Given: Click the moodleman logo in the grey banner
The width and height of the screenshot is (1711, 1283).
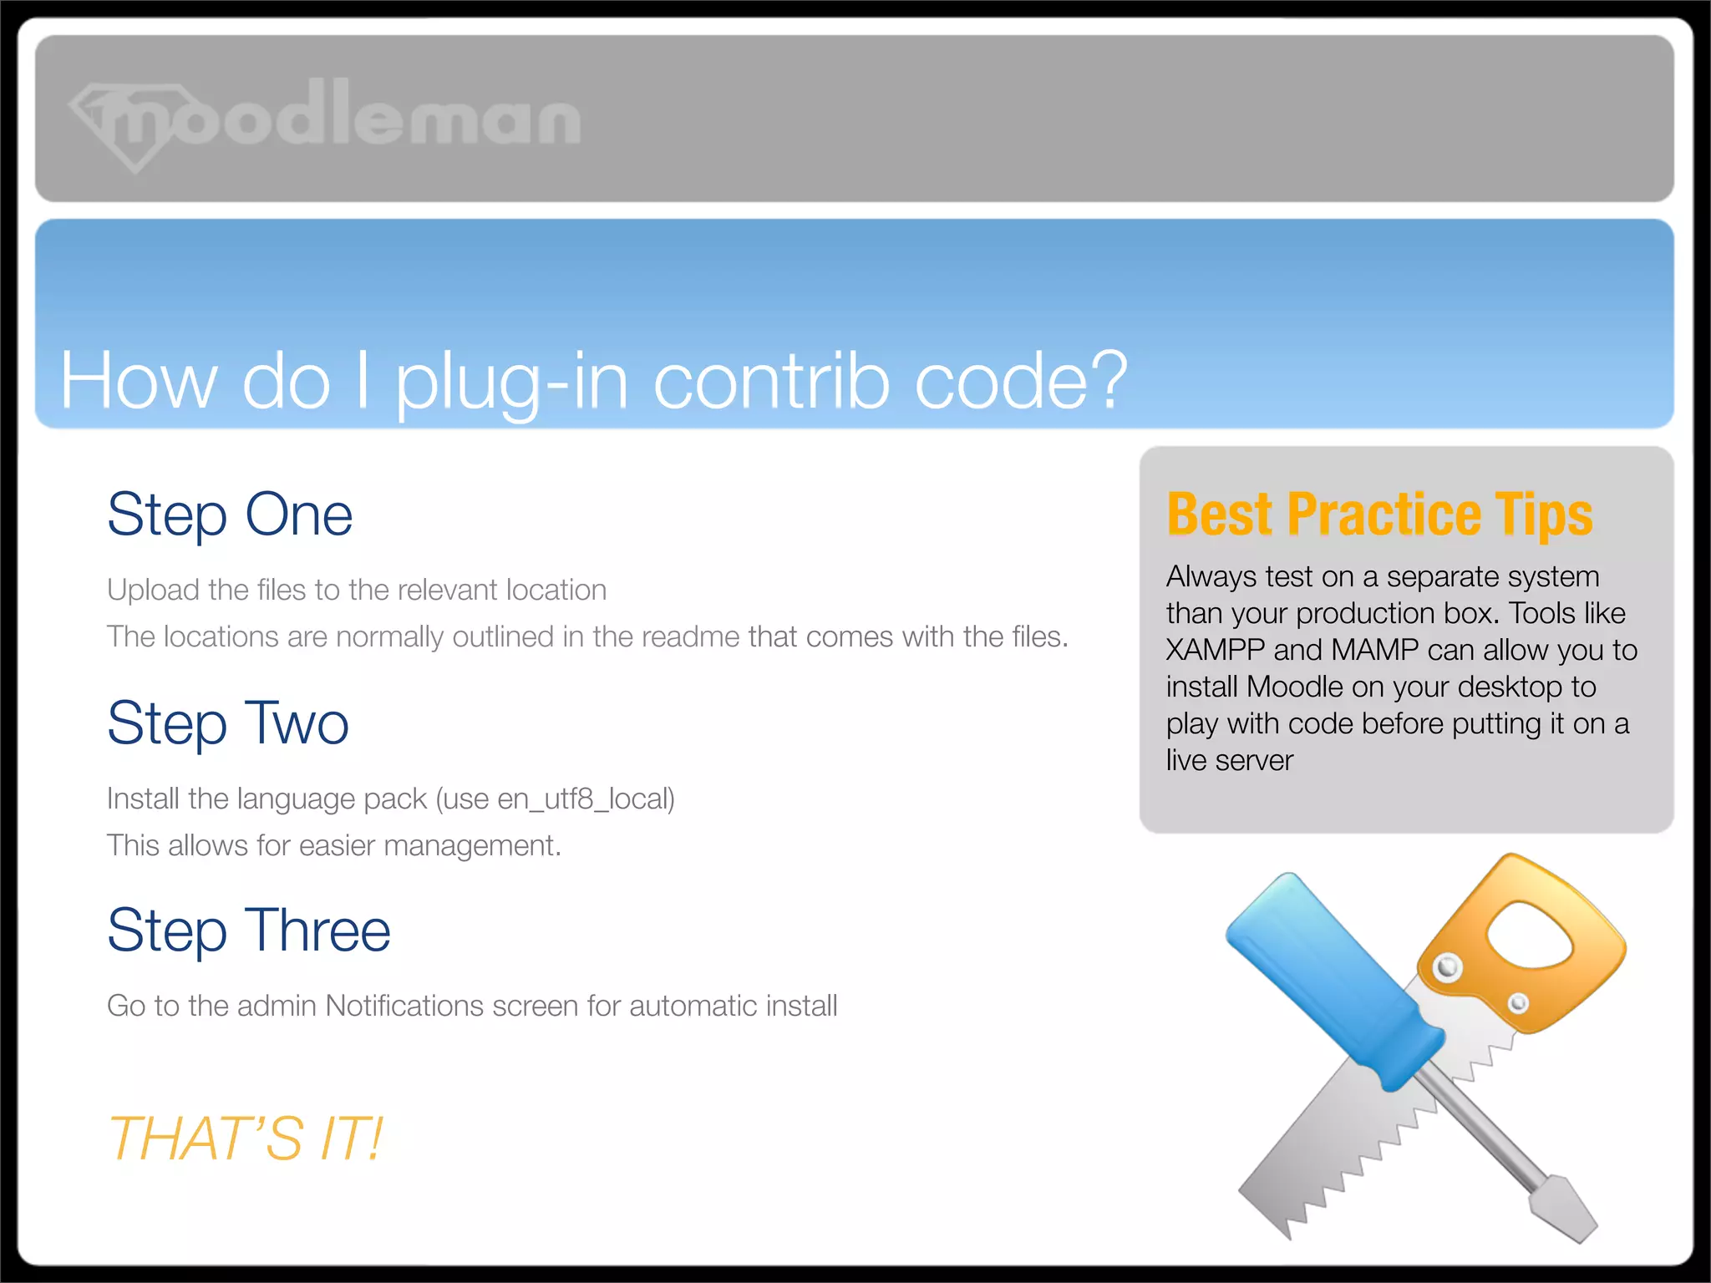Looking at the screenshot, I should point(326,121).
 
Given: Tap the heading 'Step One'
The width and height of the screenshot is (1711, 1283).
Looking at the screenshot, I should point(230,515).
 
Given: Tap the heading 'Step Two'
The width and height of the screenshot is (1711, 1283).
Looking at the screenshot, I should point(228,723).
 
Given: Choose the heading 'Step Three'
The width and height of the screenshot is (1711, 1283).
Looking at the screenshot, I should point(249,931).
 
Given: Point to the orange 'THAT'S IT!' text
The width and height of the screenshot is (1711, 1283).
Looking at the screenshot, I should point(246,1138).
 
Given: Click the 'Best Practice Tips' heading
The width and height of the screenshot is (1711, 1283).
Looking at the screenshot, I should point(1379,515).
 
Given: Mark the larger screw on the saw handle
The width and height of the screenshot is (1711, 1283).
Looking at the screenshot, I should point(1447,968).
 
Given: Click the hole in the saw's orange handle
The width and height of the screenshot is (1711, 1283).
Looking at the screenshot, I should point(1529,940).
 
